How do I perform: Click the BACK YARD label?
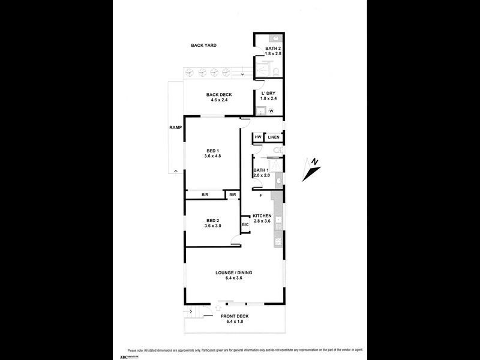click(203, 46)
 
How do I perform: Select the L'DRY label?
click(268, 94)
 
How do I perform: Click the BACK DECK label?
click(219, 95)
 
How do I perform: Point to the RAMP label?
click(175, 128)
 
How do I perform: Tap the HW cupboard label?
click(258, 137)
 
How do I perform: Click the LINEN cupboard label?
click(274, 137)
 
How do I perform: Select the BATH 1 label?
click(262, 170)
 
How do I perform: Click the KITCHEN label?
click(262, 216)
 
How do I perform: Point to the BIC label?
click(245, 225)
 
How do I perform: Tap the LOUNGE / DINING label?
click(234, 273)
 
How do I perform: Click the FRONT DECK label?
click(234, 316)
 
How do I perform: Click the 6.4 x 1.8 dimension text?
click(234, 322)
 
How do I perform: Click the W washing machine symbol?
click(271, 110)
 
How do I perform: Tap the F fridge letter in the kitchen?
click(261, 196)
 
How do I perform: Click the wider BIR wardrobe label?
click(205, 195)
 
